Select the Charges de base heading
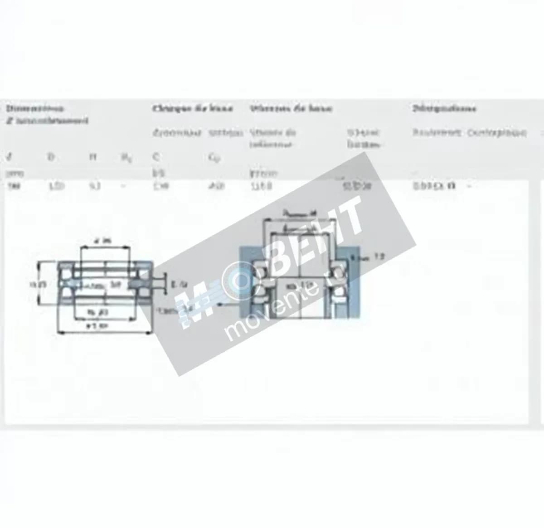[x=193, y=108]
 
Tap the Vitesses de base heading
[x=291, y=108]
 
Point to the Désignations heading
[x=444, y=108]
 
